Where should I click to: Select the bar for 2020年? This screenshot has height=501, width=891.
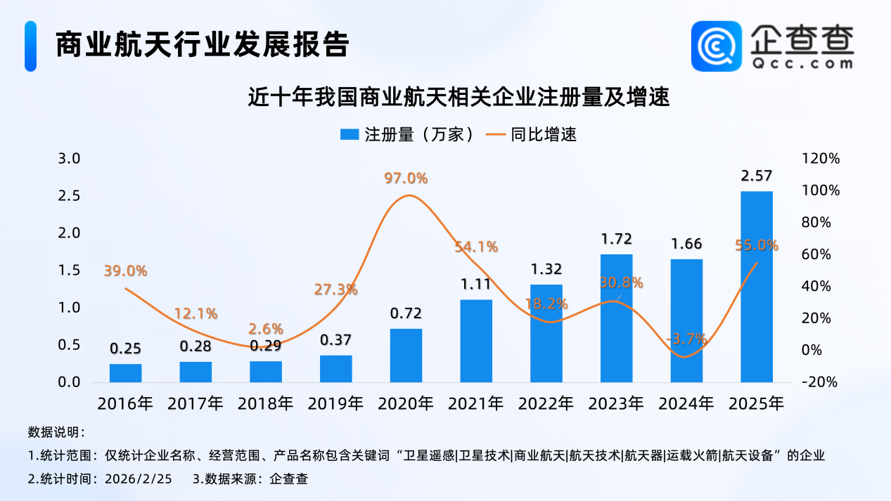pos(406,356)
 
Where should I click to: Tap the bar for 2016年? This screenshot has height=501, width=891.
pos(125,373)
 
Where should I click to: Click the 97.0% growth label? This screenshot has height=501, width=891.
pos(406,178)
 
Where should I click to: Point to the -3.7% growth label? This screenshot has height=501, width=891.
pos(686,339)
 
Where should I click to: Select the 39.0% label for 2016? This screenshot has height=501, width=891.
pos(125,271)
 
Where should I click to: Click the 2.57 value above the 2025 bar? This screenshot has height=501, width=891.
pos(757,176)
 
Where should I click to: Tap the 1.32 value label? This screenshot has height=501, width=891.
pos(546,269)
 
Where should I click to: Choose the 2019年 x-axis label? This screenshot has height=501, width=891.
pos(335,404)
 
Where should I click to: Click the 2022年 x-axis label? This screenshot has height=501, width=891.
pos(546,404)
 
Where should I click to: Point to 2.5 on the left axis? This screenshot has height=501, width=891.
pos(69,195)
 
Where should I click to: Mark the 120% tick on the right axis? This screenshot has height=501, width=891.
pos(821,159)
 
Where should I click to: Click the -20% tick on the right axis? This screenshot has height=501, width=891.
pos(820,382)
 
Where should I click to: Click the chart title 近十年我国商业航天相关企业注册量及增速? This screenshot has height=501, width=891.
pos(458,96)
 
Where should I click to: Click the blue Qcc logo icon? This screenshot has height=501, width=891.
pos(715,46)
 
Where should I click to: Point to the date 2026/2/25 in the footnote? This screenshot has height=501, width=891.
pos(138,479)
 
